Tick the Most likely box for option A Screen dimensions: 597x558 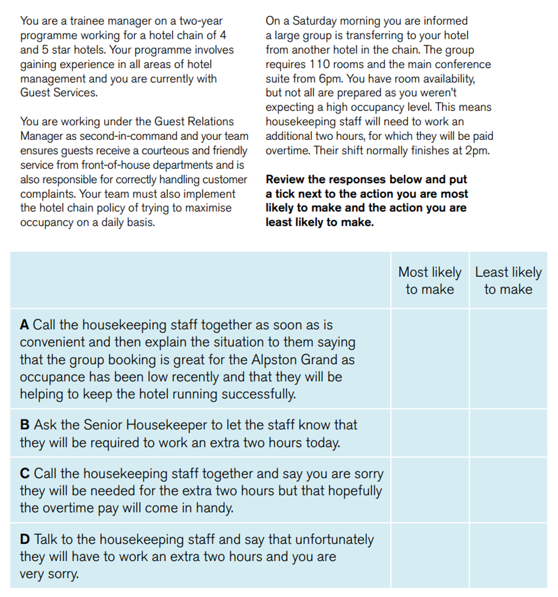[430, 359]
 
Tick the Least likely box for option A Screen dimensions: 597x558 [508, 359]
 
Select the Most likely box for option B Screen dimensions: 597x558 [430, 433]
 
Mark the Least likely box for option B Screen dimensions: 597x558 [508, 433]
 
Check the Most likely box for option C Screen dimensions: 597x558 [430, 490]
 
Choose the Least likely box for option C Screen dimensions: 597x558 [508, 490]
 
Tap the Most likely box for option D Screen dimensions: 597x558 [430, 556]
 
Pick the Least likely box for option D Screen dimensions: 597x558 [508, 556]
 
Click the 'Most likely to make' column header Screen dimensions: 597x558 [430, 281]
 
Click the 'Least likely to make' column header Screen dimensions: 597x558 [508, 281]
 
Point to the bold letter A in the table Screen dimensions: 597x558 [24, 325]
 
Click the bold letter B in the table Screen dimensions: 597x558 [24, 425]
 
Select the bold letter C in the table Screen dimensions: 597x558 [24, 474]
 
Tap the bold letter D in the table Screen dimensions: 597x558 [25, 540]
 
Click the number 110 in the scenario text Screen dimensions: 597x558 [320, 65]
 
